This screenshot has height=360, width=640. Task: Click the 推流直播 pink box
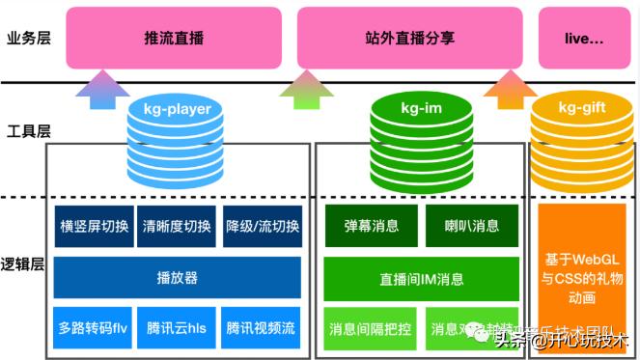tap(175, 39)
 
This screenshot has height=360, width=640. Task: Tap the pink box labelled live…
tap(584, 39)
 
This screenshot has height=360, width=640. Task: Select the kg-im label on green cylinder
tap(421, 109)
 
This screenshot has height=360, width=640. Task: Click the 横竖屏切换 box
tap(94, 227)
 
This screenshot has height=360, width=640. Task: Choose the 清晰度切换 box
tap(177, 227)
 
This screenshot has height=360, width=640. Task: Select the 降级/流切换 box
tap(262, 227)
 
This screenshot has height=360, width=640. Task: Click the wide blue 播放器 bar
tap(178, 278)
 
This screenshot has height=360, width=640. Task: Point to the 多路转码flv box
tap(94, 328)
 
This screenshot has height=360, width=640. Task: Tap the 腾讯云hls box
tap(177, 328)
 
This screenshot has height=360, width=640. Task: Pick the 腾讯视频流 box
tap(262, 328)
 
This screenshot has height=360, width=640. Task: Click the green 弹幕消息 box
tap(371, 227)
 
